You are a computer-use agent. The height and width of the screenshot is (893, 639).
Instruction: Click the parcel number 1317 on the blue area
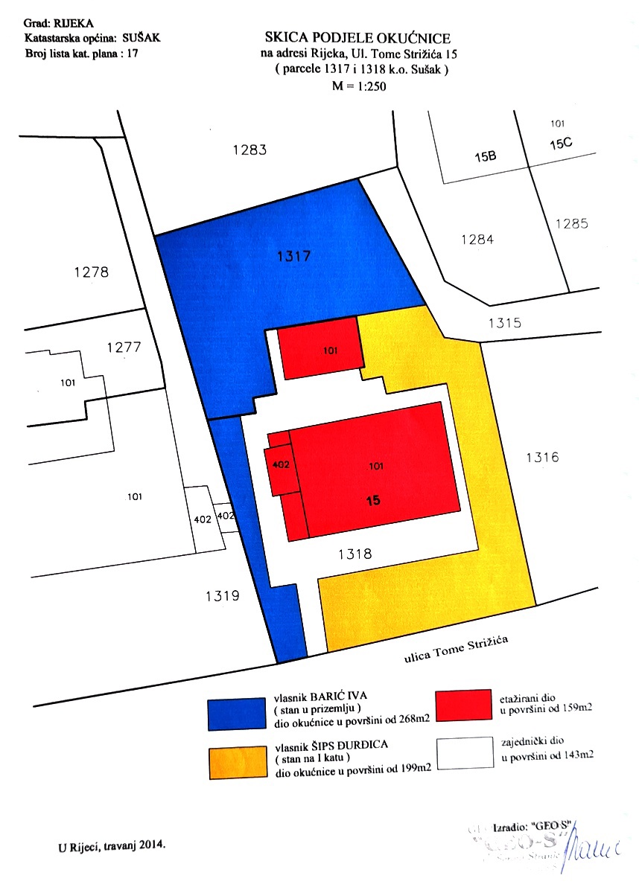tap(293, 257)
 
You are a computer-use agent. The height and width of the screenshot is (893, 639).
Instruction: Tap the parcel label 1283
tap(249, 150)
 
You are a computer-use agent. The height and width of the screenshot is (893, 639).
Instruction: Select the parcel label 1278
tap(92, 272)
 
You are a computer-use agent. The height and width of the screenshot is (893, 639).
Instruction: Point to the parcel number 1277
tap(124, 348)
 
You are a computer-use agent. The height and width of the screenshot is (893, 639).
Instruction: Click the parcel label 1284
tap(477, 240)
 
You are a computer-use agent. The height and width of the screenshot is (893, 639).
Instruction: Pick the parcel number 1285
tap(571, 223)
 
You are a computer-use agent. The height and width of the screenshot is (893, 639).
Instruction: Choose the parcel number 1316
tap(541, 458)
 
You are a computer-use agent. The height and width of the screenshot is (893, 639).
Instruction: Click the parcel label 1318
tap(355, 554)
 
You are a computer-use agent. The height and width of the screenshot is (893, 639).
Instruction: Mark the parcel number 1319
tap(221, 595)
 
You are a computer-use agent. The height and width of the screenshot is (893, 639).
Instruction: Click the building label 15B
tap(486, 158)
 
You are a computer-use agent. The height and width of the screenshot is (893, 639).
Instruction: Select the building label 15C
tap(561, 144)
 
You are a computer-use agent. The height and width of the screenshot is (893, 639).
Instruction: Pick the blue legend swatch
tap(236, 713)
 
